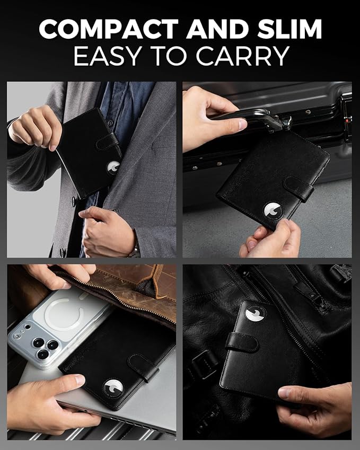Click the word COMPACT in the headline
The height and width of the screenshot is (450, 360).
pos(109,29)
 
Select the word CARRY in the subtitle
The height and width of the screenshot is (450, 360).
pos(243,56)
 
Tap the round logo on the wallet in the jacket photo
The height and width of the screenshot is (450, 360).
pos(113,167)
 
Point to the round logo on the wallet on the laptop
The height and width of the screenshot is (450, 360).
pos(113,389)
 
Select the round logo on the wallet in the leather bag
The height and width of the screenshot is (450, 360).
pos(256,313)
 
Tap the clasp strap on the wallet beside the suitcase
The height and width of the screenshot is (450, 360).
pos(298,189)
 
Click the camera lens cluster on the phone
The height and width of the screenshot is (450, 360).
pos(45,347)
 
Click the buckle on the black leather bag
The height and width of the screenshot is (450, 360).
pos(205,364)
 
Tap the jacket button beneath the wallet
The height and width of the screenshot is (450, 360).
pos(74,200)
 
